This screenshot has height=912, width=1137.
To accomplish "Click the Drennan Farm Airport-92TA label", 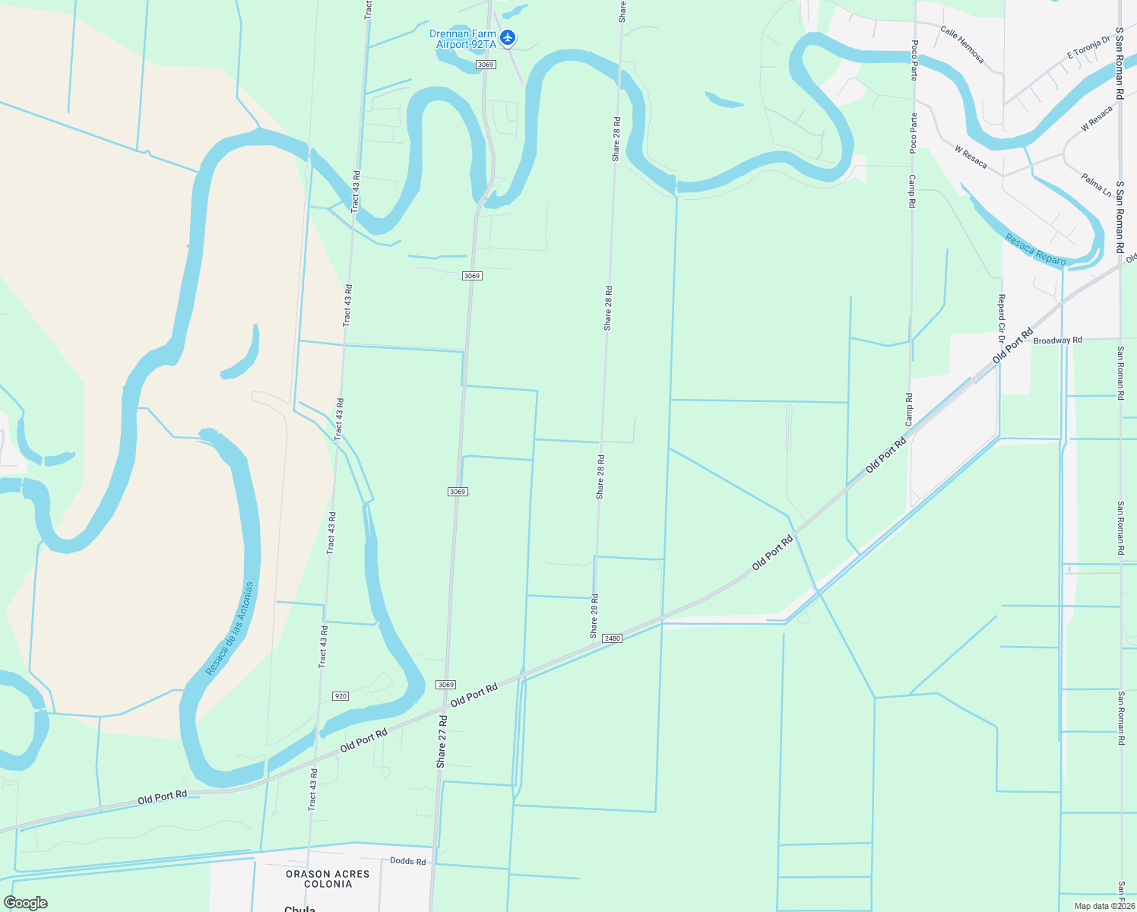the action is [x=463, y=40].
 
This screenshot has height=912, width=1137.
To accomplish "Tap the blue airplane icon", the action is [x=508, y=37].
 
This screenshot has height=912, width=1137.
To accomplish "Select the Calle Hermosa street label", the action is [x=961, y=45].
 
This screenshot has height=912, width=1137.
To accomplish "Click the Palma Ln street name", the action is [x=1096, y=185].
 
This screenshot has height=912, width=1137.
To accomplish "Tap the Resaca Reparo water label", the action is [x=1035, y=250].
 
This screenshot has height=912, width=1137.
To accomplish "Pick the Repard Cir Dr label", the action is [x=1002, y=313].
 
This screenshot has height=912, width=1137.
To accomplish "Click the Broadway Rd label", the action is [x=1057, y=340].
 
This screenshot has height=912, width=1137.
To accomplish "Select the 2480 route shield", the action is [x=612, y=638].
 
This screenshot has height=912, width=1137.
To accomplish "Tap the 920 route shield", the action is [x=340, y=696].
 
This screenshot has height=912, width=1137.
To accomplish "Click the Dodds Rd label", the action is [x=407, y=861].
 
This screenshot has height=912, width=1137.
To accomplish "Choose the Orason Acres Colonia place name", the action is [x=328, y=879].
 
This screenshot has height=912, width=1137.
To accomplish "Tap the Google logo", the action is [x=25, y=903].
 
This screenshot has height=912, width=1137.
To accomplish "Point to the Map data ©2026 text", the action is [x=1103, y=906].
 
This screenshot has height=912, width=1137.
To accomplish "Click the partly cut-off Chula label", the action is [x=299, y=909].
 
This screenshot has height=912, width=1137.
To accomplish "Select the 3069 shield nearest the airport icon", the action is [x=486, y=65].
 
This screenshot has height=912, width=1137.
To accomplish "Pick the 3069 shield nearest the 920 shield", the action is [x=445, y=685].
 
